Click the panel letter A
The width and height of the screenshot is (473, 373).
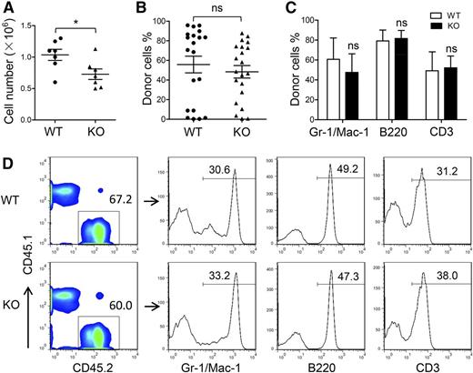[x=7, y=8]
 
